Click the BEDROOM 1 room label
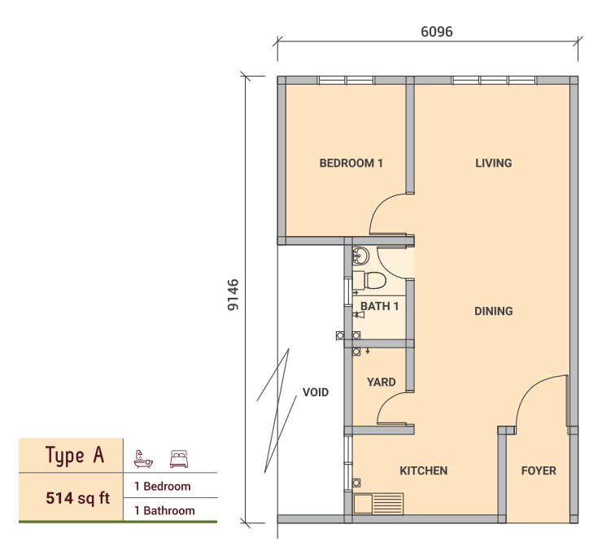point(351,164)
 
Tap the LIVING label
point(493,164)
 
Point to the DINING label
point(493,311)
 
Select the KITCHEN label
point(424,471)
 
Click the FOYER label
point(539,471)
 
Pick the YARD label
point(381,382)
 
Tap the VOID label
point(316,392)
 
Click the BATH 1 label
point(379,306)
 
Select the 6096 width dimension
point(437,32)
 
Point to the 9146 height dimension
point(233,295)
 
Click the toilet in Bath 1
point(369,281)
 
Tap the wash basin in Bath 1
point(360,256)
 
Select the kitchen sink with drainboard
point(378,504)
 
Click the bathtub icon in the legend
point(143,459)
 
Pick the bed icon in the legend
point(179,459)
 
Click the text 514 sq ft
point(77,498)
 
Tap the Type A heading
point(75,455)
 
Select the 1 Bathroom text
point(164,510)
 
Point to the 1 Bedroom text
point(163,487)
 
